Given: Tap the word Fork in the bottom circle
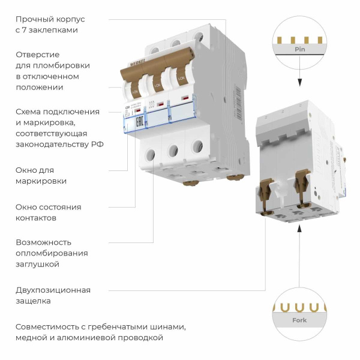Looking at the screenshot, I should click(x=299, y=320).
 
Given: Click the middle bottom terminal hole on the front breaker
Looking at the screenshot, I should click(x=173, y=149).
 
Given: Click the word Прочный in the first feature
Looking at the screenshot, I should click(x=34, y=20).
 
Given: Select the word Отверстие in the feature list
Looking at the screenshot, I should click(x=37, y=55).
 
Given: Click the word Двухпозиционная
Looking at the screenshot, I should click(x=53, y=290).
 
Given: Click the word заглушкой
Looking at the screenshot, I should click(x=37, y=264).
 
